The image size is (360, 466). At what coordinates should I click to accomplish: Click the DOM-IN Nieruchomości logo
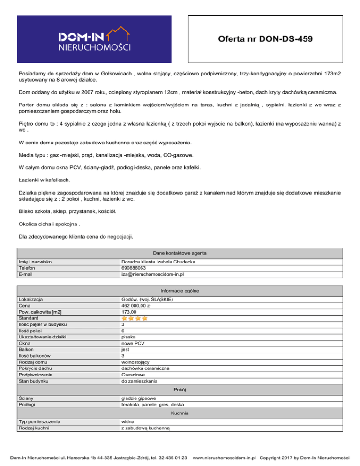point(94,39)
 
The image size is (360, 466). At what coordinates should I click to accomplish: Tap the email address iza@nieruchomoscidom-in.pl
point(152,274)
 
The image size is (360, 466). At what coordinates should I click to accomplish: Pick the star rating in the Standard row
point(135,318)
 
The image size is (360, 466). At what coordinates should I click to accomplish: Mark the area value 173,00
point(128,312)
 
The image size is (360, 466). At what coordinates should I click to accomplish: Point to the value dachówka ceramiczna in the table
point(145,368)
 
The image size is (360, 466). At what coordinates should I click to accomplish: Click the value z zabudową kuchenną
point(145,428)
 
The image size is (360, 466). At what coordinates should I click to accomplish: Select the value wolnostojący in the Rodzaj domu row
point(135,362)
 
